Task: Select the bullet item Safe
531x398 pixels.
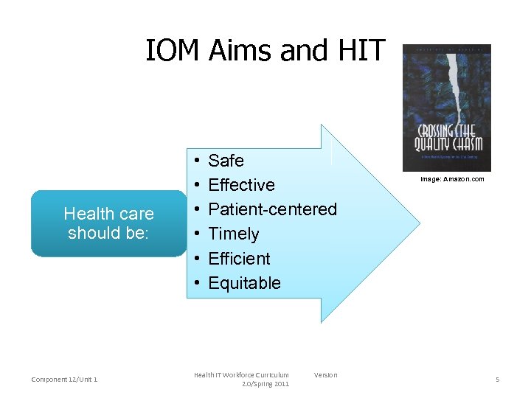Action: click(226, 161)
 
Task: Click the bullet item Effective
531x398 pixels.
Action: click(241, 185)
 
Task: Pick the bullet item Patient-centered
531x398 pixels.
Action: click(272, 209)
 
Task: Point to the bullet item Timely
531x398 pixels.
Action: click(233, 234)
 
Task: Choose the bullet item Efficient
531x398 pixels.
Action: click(239, 259)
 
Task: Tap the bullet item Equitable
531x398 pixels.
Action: click(244, 283)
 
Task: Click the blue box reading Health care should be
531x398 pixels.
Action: click(108, 223)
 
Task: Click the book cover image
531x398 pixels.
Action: click(446, 108)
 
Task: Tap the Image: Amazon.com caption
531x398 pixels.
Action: click(452, 179)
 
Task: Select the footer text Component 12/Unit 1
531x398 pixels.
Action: click(65, 380)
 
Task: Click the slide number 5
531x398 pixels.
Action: click(497, 380)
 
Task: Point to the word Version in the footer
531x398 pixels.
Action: click(325, 375)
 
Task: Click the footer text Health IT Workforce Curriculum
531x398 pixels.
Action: click(241, 375)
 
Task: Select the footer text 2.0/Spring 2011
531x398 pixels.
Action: click(265, 384)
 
